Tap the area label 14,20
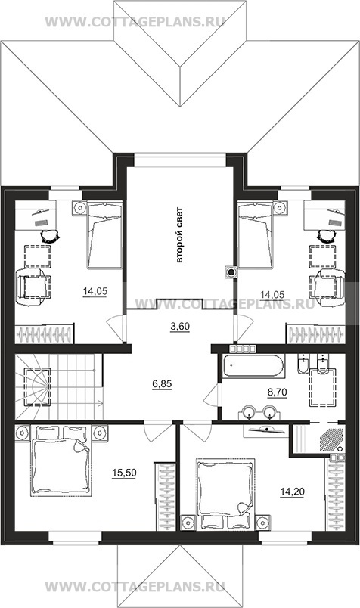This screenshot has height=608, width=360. tap(292, 492)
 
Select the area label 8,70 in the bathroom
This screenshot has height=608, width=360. tap(277, 392)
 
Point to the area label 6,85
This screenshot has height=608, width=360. tap(162, 384)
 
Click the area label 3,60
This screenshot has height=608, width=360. tap(180, 327)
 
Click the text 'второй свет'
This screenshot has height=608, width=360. tap(179, 235)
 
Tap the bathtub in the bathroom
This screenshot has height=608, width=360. tap(253, 365)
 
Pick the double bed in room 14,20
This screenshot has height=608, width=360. tap(225, 495)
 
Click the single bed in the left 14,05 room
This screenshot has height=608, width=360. tap(104, 235)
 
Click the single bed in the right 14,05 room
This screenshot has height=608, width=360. tap(256, 234)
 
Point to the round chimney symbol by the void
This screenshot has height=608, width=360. tap(231, 272)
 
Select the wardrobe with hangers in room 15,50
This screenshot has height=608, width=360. tap(165, 497)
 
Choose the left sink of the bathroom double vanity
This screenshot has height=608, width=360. tap(248, 412)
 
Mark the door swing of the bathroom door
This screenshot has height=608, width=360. tap(212, 396)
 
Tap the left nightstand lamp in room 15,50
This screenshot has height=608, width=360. tap(22, 432)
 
